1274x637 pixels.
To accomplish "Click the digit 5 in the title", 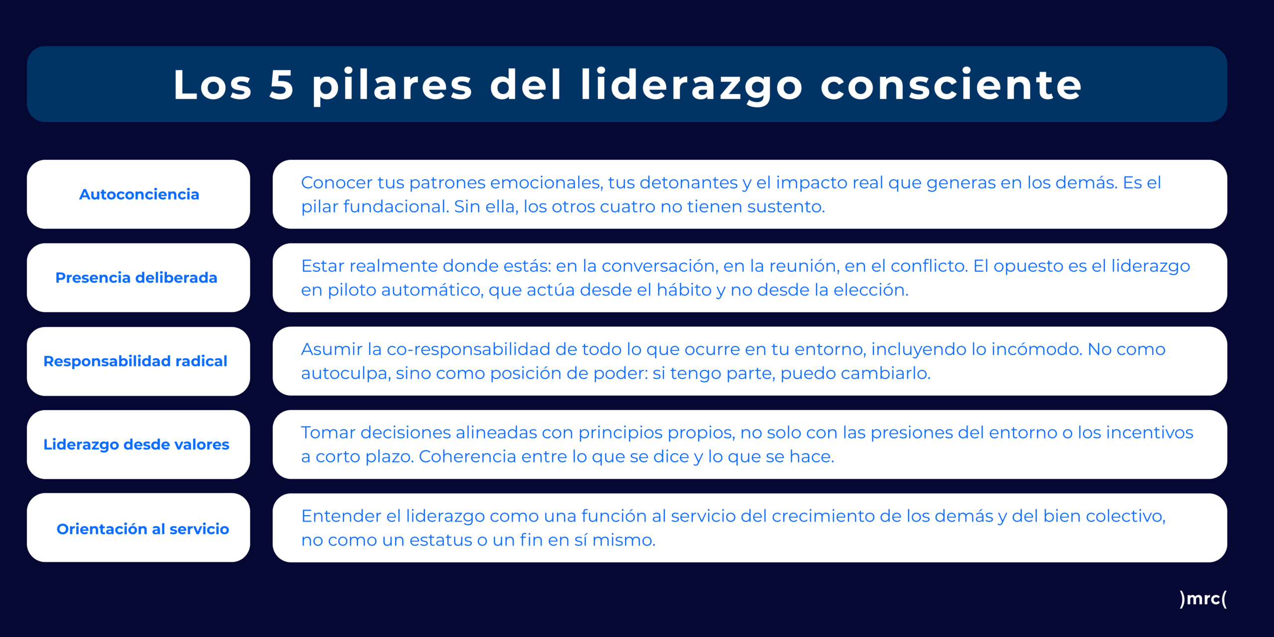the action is (x=281, y=85).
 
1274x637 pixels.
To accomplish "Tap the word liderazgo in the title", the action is (x=692, y=86).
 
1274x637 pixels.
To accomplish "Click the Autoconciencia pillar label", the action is (x=139, y=194).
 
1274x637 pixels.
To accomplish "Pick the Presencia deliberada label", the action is (x=136, y=278).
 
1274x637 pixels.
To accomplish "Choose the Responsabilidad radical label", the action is (x=135, y=361).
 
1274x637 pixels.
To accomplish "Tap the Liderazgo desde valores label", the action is (x=136, y=444).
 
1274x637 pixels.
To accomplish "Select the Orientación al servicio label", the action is (x=143, y=529).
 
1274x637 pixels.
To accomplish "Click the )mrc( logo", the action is (x=1203, y=598).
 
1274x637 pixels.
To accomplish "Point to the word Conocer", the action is (x=337, y=183).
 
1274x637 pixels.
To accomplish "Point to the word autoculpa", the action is (x=346, y=374).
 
